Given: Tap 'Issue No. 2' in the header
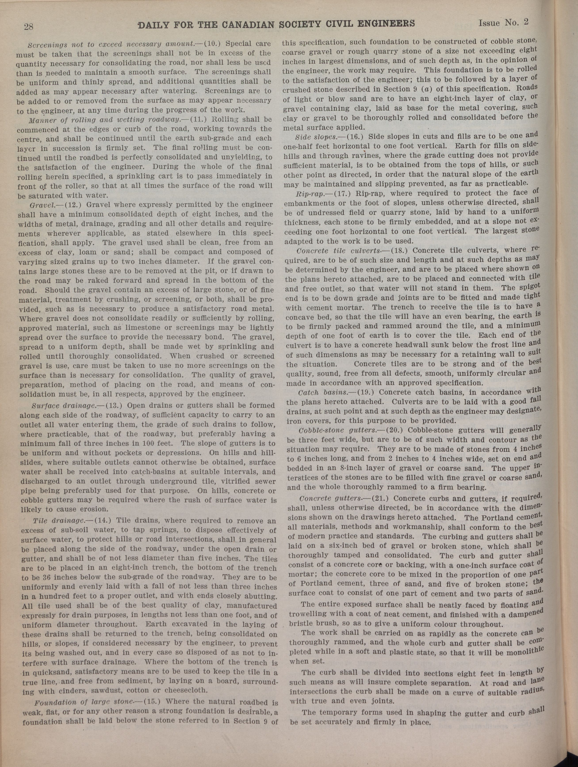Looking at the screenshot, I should pos(503,23).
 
